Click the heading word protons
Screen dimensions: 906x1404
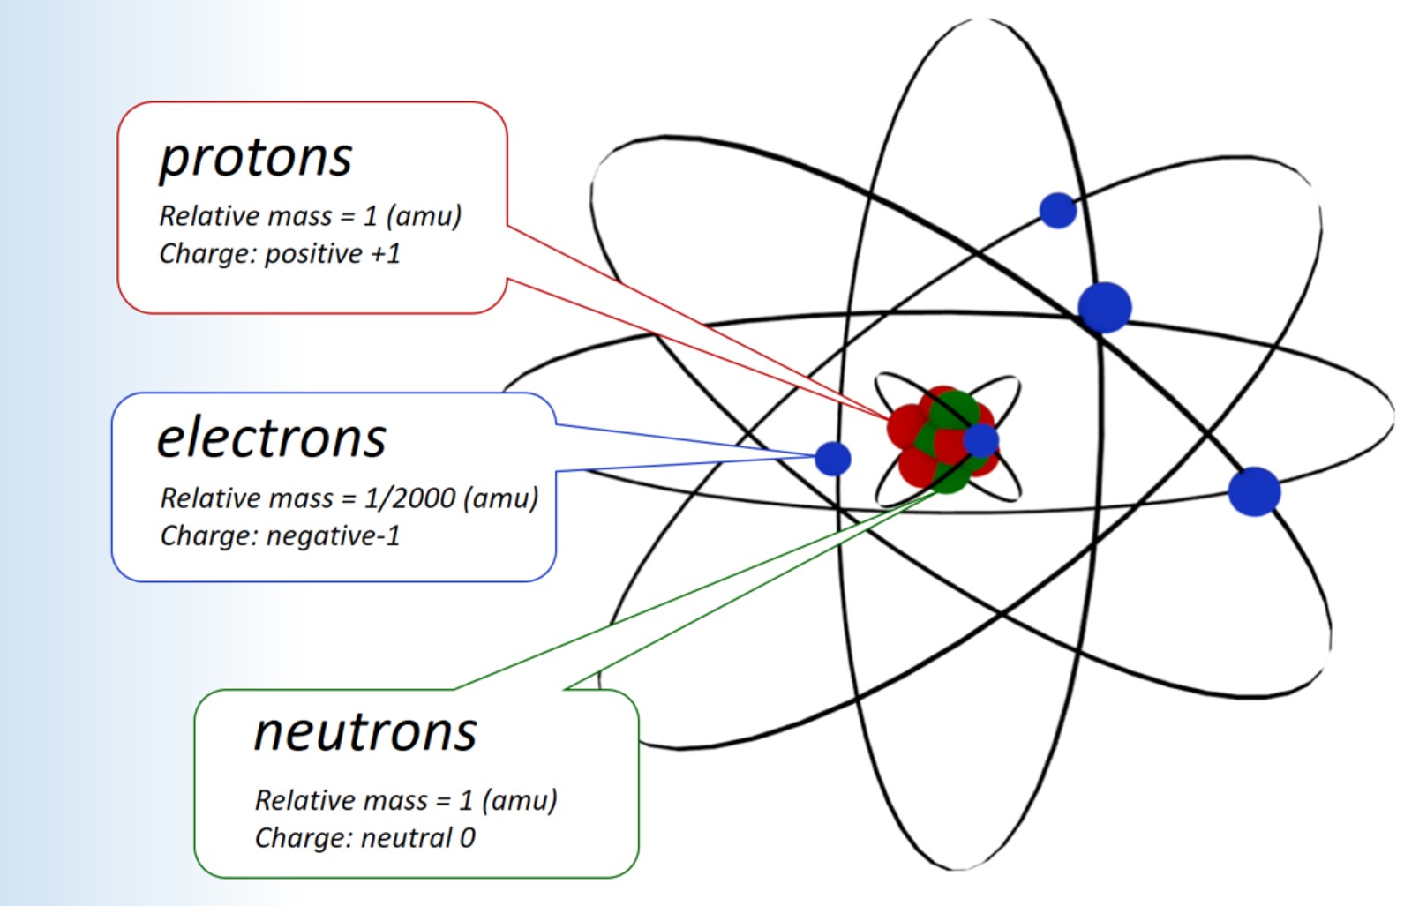[x=256, y=159]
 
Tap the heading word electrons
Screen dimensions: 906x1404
[x=272, y=438]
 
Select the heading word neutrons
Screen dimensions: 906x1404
[x=365, y=731]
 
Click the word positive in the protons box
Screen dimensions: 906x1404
[x=314, y=254]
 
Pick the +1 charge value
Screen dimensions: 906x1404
[x=386, y=254]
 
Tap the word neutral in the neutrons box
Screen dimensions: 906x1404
[x=407, y=837]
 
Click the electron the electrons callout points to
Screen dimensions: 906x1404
[x=832, y=458]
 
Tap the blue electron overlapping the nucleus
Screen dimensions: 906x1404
[x=980, y=440]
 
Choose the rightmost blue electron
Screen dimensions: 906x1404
[x=1254, y=491]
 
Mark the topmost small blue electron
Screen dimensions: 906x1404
[x=1057, y=210]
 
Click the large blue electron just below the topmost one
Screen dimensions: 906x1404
[x=1104, y=307]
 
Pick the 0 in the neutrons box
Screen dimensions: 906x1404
[x=468, y=837]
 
